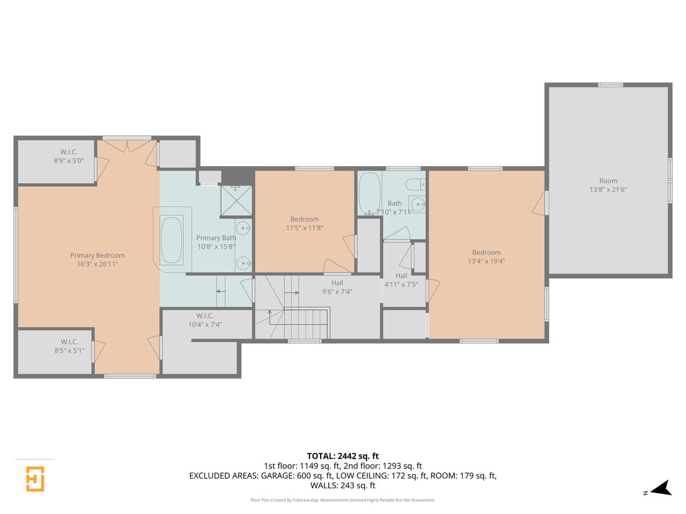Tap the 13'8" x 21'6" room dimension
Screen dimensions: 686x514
tap(608, 190)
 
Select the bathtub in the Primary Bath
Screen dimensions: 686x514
tap(171, 240)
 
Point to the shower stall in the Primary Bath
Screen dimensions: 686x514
tap(236, 200)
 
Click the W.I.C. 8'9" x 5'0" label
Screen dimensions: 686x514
tap(69, 156)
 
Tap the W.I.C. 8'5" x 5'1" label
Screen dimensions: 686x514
tap(69, 346)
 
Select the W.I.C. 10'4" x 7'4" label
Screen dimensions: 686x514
tap(205, 320)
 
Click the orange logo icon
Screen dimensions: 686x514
tap(35, 479)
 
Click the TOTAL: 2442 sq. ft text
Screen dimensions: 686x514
tap(343, 456)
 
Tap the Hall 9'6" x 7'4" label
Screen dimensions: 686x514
tap(337, 287)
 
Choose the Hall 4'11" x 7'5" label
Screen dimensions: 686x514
tap(401, 280)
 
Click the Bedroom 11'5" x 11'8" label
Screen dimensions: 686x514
tap(304, 223)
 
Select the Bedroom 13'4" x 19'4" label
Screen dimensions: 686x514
tap(486, 256)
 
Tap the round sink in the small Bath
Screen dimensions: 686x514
tap(418, 204)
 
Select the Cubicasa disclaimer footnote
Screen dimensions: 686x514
tap(342, 500)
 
